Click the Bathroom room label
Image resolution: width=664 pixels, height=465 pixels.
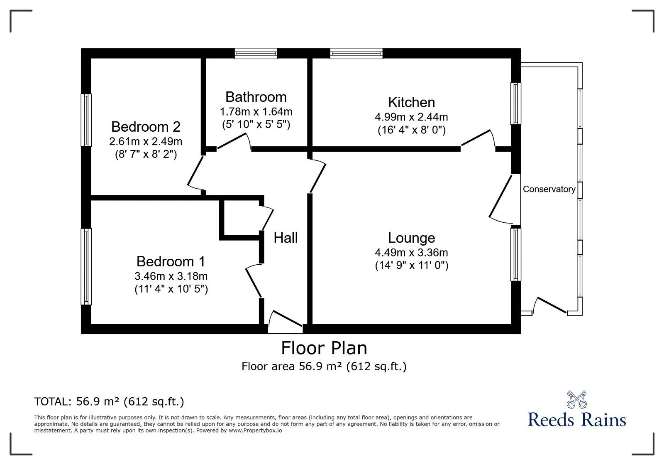coord(256,97)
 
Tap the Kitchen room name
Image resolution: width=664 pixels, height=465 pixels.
coord(411,102)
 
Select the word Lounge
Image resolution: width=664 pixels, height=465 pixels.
coord(411,238)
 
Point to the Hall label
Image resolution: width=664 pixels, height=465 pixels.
coord(286,238)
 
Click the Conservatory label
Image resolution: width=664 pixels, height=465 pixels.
coord(549,189)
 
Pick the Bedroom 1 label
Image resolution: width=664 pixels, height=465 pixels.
coord(171,261)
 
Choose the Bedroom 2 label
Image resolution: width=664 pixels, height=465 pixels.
coord(146,127)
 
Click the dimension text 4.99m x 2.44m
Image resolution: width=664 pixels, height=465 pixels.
coord(411,117)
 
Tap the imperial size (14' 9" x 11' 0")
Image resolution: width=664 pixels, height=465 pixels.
coord(411,265)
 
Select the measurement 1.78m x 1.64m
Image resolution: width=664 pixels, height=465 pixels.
coord(256,112)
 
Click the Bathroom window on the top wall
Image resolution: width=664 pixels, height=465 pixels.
coord(256,54)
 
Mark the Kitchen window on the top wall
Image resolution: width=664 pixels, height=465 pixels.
coord(356,54)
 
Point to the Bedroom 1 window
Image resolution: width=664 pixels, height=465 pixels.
coord(86,266)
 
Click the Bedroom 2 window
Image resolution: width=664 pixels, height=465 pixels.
coord(86,120)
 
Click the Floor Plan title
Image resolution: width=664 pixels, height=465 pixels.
coord(324,348)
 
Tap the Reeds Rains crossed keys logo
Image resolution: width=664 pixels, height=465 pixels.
coord(576,399)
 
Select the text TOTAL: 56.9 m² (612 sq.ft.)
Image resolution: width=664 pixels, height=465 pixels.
coord(109,401)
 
